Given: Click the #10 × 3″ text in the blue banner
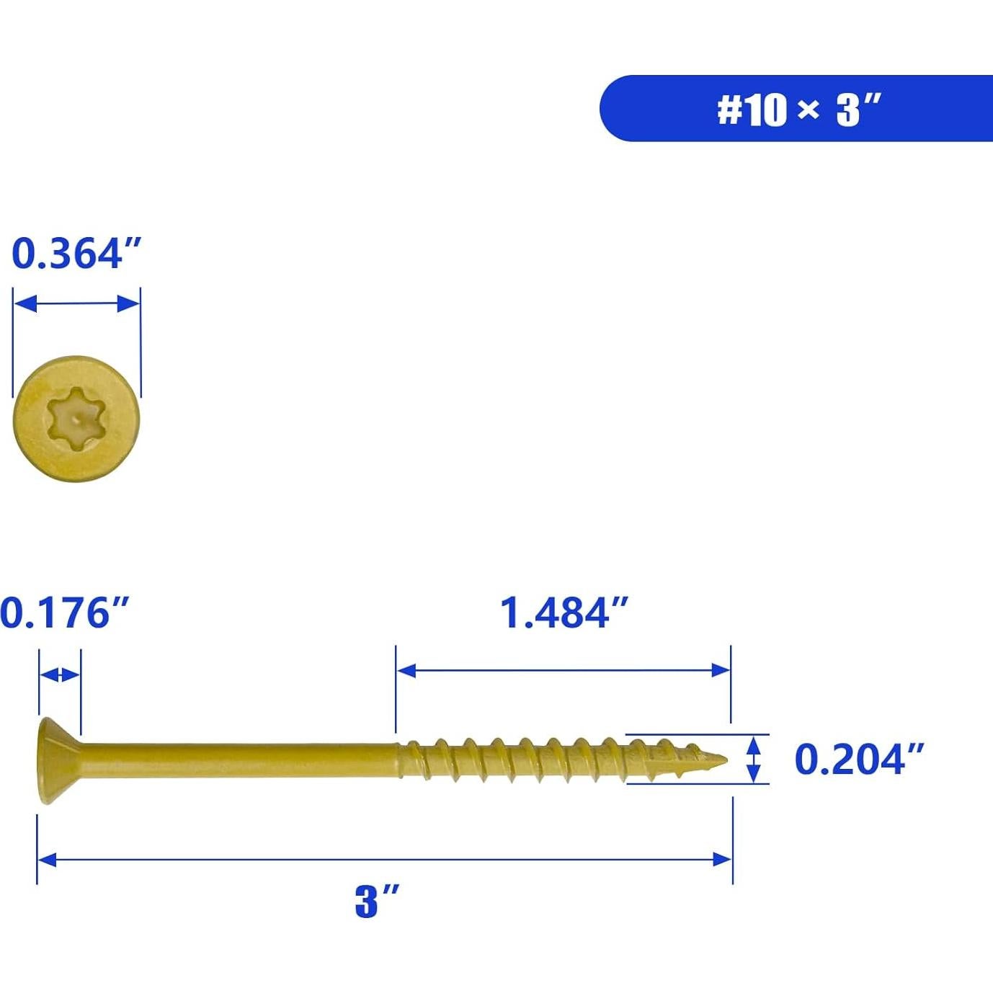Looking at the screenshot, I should point(798,110).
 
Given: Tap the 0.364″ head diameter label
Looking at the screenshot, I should point(76,254).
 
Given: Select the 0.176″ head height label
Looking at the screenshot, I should point(64,613).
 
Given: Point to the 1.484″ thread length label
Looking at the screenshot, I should point(564,613).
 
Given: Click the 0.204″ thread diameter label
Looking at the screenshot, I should point(858,760).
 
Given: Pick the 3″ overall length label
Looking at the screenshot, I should point(376,901).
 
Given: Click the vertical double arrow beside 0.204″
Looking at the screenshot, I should point(753,759).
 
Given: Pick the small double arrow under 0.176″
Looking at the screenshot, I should point(60,675).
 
